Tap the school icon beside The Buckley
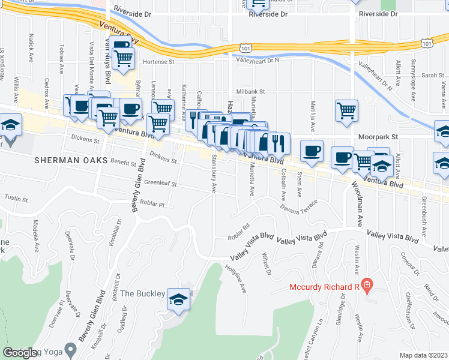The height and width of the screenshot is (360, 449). click(x=178, y=299)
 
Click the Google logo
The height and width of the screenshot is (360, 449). click(x=20, y=353)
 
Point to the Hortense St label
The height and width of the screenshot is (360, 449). click(x=158, y=61)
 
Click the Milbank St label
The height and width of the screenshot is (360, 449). click(x=250, y=91)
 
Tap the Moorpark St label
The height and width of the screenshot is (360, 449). click(x=378, y=137)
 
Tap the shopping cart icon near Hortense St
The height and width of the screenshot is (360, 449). click(x=124, y=59)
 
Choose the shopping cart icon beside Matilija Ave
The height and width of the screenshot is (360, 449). click(x=346, y=110)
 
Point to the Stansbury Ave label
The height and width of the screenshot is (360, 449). click(x=213, y=174)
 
